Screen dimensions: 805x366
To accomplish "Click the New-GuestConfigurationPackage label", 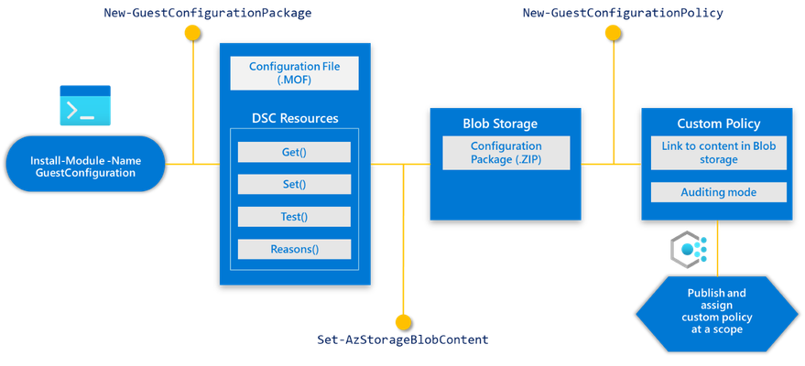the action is [x=207, y=14].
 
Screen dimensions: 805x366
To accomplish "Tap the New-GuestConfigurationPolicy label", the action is [x=623, y=14].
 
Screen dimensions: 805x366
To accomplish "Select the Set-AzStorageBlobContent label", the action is [x=403, y=339].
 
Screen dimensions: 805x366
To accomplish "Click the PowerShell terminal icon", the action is [x=85, y=105].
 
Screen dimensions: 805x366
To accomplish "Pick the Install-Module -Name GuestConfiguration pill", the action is [x=85, y=164].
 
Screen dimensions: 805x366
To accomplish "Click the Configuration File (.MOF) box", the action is [x=295, y=73].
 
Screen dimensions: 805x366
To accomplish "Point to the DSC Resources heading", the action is [x=295, y=118].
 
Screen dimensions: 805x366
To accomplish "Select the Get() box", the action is [x=294, y=152].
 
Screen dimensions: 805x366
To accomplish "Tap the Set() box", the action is [x=294, y=185].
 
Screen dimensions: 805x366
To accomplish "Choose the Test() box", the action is [x=294, y=217].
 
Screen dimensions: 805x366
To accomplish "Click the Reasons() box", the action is [x=294, y=249].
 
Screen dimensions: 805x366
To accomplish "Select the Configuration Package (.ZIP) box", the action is [x=506, y=153].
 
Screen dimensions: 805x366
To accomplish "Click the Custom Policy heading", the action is [x=719, y=124].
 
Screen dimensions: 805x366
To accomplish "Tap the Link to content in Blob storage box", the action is [x=719, y=153].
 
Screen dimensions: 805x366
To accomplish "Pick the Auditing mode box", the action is [x=719, y=192].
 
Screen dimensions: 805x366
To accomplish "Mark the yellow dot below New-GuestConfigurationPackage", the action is [x=192, y=33].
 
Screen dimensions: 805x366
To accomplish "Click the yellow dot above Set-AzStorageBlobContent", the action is [x=404, y=322].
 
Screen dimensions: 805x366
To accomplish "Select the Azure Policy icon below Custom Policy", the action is [x=689, y=250].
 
